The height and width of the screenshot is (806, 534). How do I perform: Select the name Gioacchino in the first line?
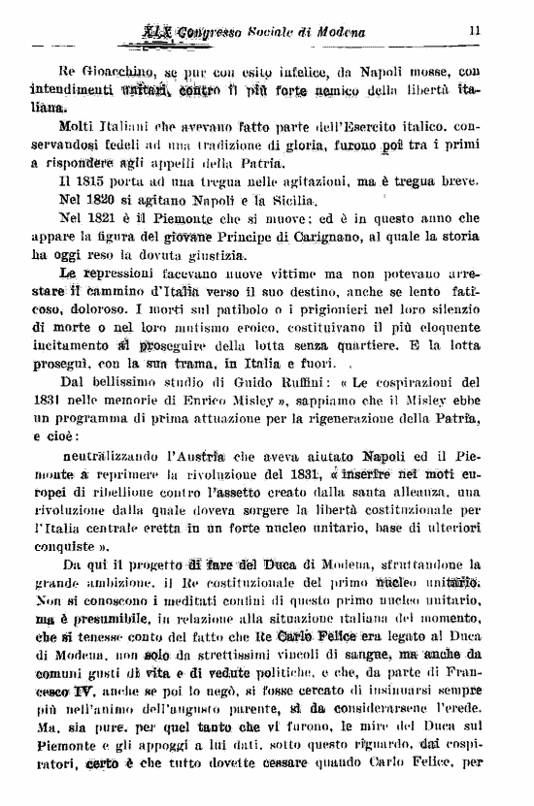[x=118, y=72]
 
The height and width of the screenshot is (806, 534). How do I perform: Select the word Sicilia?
[x=293, y=200]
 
